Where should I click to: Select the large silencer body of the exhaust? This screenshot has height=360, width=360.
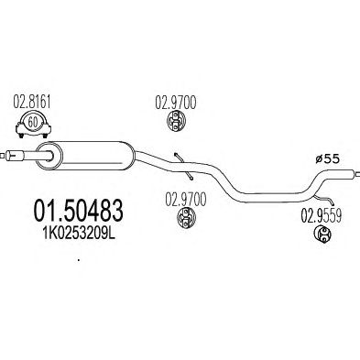[88, 155]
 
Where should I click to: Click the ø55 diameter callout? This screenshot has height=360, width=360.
[328, 158]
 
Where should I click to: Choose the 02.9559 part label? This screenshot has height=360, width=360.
[322, 216]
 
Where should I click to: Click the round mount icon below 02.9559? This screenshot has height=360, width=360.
[322, 235]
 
